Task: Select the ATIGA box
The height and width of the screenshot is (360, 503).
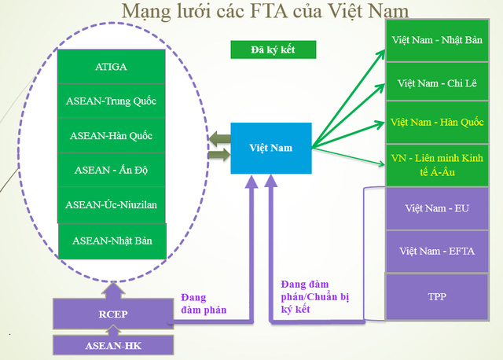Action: [112, 68]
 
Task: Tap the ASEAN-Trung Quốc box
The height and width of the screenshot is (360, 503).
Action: [112, 101]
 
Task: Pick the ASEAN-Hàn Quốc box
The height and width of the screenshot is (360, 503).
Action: [112, 135]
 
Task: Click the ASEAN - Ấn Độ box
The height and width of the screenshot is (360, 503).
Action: [112, 170]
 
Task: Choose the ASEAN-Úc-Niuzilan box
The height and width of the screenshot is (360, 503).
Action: [112, 204]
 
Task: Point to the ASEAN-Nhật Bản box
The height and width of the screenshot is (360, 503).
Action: [112, 241]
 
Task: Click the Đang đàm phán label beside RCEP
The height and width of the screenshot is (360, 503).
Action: [204, 303]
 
